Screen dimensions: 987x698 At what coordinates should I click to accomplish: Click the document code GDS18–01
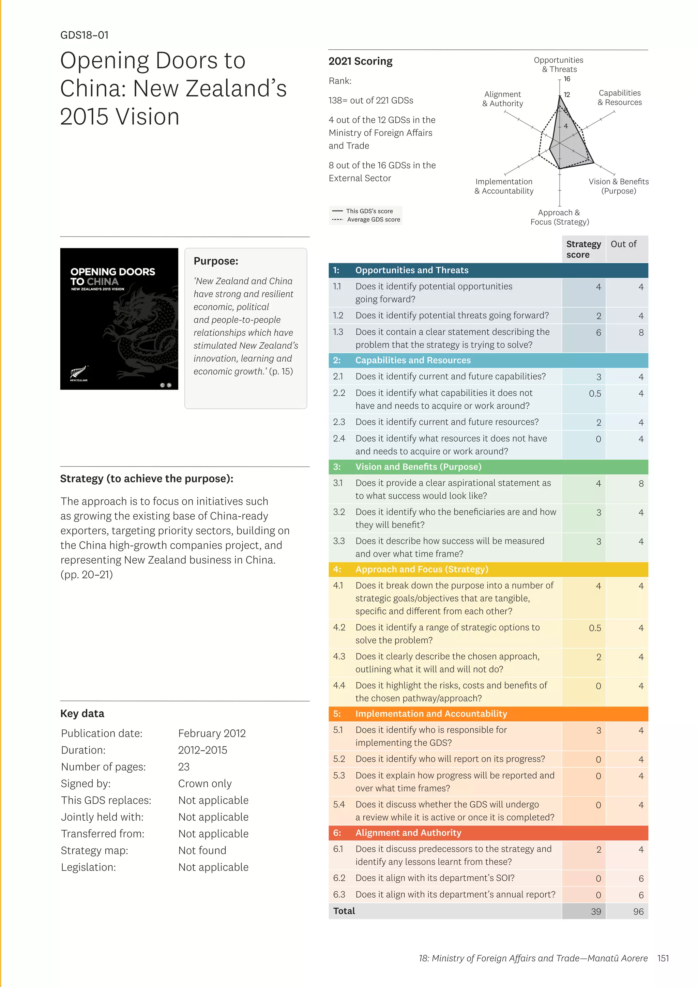coord(84,35)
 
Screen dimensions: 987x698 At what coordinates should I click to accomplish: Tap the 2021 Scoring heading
coord(360,61)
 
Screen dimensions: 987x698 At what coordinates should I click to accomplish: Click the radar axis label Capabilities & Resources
coord(619,97)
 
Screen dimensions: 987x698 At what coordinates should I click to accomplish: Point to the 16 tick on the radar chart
coord(567,79)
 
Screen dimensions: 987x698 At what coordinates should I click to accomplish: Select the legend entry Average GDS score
coord(373,220)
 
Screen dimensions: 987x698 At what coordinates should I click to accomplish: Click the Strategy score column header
coord(583,249)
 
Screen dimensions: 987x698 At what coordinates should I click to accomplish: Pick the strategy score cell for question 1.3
coord(598,333)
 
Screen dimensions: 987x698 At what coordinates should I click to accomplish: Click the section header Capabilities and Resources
coord(413,360)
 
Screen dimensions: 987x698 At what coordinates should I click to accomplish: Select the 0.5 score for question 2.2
coord(595,394)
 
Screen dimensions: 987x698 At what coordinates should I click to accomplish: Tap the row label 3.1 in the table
coord(338,483)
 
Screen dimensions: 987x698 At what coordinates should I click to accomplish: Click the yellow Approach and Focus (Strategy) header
coord(421,569)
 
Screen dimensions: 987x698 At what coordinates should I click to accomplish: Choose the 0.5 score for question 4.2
coord(595,628)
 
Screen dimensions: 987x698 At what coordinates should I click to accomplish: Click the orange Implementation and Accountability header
coord(431,714)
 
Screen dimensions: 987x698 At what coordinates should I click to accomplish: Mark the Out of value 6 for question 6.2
coord(641,879)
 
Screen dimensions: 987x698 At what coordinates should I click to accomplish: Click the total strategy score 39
coord(596,912)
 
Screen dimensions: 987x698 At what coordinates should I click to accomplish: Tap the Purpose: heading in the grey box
coord(216,261)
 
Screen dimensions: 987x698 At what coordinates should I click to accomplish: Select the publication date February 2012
coord(212,733)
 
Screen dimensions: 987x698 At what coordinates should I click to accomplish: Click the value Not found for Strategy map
coord(202,850)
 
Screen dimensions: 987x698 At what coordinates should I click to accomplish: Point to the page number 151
coord(663,958)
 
